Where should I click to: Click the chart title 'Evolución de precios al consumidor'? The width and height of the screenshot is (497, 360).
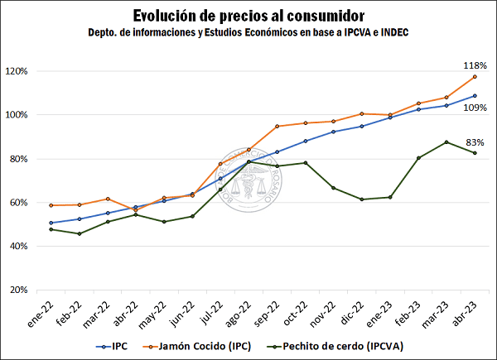pos(248,16)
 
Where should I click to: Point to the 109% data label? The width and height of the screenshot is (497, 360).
pos(475,108)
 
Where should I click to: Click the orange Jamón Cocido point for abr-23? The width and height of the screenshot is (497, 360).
pos(475,76)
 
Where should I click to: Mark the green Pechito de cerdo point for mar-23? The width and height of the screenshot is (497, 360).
pos(446,142)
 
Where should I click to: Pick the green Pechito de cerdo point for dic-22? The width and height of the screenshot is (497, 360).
pos(362,199)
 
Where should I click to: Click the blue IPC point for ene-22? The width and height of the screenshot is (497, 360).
pos(51,223)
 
